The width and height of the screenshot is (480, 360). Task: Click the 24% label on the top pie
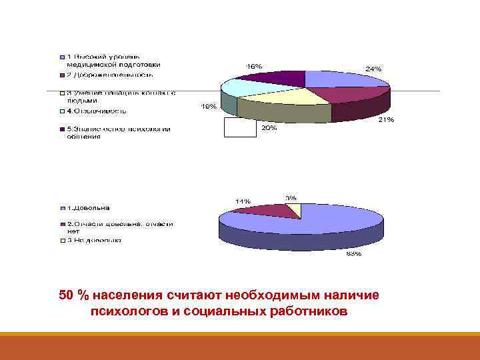pyautogui.click(x=372, y=69)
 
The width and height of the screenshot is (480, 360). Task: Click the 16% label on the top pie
pyautogui.click(x=255, y=66)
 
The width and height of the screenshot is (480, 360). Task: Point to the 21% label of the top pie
pyautogui.click(x=386, y=120)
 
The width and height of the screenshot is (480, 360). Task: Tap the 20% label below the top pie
pyautogui.click(x=269, y=128)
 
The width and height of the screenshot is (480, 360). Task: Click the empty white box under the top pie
pyautogui.click(x=240, y=127)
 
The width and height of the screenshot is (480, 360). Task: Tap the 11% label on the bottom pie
pyautogui.click(x=242, y=201)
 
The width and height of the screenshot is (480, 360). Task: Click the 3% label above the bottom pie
pyautogui.click(x=291, y=197)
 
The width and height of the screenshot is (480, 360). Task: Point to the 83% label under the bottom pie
pyautogui.click(x=353, y=253)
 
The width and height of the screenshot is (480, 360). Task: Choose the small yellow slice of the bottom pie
pyautogui.click(x=295, y=210)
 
